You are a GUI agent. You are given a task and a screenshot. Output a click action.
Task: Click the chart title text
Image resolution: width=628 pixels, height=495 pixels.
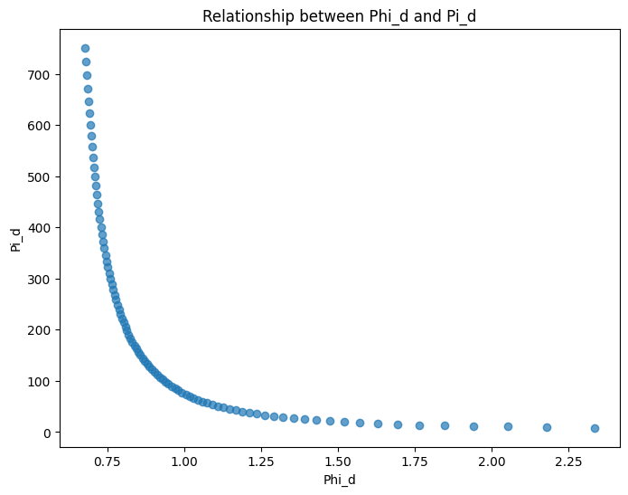point(340,16)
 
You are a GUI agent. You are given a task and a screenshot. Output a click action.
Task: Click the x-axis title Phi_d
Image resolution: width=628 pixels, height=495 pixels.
point(340,480)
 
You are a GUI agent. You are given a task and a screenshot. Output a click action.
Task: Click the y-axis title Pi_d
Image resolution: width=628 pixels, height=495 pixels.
point(15,239)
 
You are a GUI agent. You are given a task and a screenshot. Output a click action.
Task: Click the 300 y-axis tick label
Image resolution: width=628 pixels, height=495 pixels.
point(42,279)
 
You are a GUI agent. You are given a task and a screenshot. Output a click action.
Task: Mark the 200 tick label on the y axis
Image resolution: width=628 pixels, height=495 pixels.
point(42,330)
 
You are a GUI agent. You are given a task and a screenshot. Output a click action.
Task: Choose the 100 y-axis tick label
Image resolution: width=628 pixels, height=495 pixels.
point(42,381)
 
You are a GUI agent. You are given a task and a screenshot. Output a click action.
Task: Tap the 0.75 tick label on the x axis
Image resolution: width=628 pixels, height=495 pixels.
point(108,461)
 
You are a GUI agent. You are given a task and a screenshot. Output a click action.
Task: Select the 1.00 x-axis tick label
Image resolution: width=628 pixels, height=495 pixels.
point(184,461)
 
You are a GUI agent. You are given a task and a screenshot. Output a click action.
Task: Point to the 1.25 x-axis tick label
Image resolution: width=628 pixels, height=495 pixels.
point(261,461)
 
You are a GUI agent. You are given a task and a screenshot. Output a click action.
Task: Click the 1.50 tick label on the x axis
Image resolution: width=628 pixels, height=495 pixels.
point(338,461)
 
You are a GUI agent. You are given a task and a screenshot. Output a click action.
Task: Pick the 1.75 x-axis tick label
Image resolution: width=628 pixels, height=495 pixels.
point(415,461)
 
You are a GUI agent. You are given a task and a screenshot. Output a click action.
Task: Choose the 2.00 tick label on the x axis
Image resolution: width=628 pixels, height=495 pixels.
point(492,461)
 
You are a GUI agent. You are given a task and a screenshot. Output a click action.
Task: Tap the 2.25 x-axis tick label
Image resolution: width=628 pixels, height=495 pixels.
point(568,461)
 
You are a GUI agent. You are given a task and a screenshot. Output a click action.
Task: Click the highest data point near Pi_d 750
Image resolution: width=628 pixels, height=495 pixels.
point(85,48)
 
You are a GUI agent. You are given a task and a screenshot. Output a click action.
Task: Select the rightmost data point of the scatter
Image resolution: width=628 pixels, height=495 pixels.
point(595,428)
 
